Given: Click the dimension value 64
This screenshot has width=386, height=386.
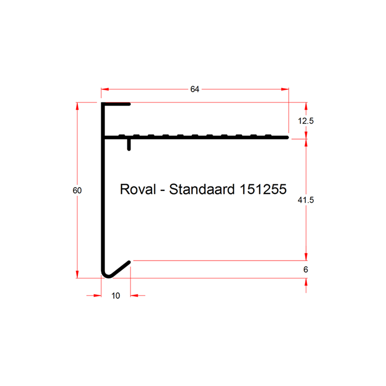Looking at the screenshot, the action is [195, 89].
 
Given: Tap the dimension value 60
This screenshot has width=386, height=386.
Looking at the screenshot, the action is [77, 190].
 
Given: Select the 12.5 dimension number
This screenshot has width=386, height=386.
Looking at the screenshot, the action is [306, 121].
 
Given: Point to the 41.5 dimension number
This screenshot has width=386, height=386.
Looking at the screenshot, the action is [306, 200].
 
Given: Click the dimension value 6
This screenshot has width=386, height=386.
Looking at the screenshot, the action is [306, 270].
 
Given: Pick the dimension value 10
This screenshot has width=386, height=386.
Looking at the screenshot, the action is [116, 295].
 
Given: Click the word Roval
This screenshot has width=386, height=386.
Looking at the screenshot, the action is [138, 189].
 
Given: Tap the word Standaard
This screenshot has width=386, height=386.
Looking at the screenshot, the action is [202, 189].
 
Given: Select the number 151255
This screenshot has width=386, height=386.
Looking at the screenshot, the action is [263, 189].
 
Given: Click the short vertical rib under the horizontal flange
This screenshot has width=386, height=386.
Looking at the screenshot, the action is [129, 145].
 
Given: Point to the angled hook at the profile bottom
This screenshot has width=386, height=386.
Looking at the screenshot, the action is [119, 269].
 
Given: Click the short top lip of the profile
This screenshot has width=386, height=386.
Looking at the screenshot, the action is [116, 104].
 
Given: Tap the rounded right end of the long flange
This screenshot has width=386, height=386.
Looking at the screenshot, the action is [287, 138].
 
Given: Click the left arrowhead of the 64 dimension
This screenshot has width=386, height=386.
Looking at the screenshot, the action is [104, 89].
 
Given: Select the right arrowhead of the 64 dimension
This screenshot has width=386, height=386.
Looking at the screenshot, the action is [285, 89].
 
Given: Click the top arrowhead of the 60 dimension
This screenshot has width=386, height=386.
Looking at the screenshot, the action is [77, 106].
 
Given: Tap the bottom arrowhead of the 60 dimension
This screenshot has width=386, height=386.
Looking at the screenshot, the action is [77, 275].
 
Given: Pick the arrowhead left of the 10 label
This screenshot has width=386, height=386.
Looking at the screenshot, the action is [97, 295].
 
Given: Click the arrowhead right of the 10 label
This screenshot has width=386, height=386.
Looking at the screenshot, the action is [134, 295].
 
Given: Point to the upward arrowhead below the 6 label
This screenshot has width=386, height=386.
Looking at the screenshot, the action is [306, 282].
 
